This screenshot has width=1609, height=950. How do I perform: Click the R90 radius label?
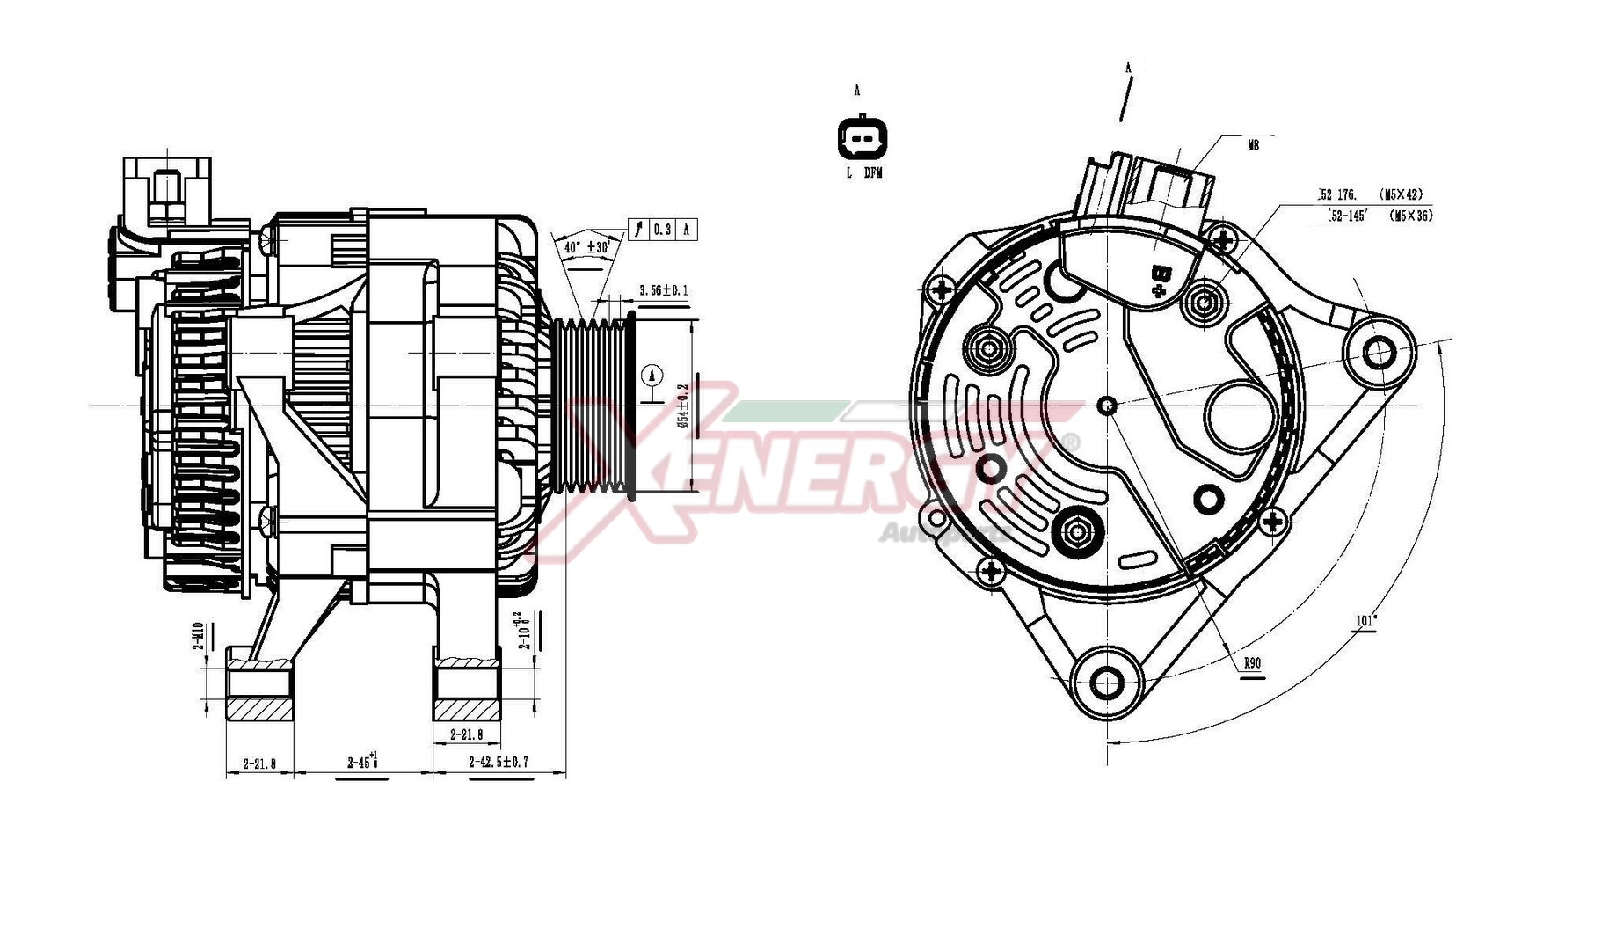pos(1253,663)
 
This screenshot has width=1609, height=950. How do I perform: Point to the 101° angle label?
pos(1365,621)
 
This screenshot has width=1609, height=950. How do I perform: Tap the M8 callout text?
pos(1253,145)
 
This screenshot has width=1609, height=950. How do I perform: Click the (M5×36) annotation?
pos(1410,216)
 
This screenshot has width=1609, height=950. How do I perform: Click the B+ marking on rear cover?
pos(1161,279)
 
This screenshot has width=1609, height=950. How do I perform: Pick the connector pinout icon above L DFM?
pos(863,139)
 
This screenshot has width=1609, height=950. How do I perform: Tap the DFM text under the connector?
pos(872,173)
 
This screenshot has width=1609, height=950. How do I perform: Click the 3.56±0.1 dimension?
pos(664,290)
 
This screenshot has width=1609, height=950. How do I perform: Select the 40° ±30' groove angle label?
pos(586,248)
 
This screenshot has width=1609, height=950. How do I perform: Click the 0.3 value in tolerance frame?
pos(661,230)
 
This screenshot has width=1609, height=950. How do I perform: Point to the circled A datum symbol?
pos(652,376)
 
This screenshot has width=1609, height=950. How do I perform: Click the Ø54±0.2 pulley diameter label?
pos(683,406)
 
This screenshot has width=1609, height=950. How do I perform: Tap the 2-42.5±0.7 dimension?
pos(499,762)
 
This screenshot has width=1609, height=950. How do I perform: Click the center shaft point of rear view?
pos(1108,406)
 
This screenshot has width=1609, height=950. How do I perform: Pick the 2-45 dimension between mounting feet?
pos(361,762)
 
